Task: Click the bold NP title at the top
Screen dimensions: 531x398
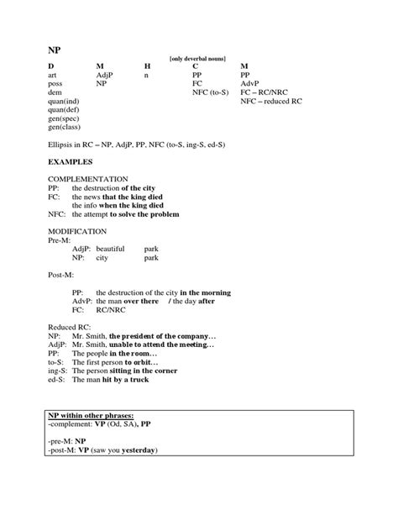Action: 54,50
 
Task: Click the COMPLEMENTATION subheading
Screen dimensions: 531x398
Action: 87,179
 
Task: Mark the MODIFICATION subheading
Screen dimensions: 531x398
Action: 78,230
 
